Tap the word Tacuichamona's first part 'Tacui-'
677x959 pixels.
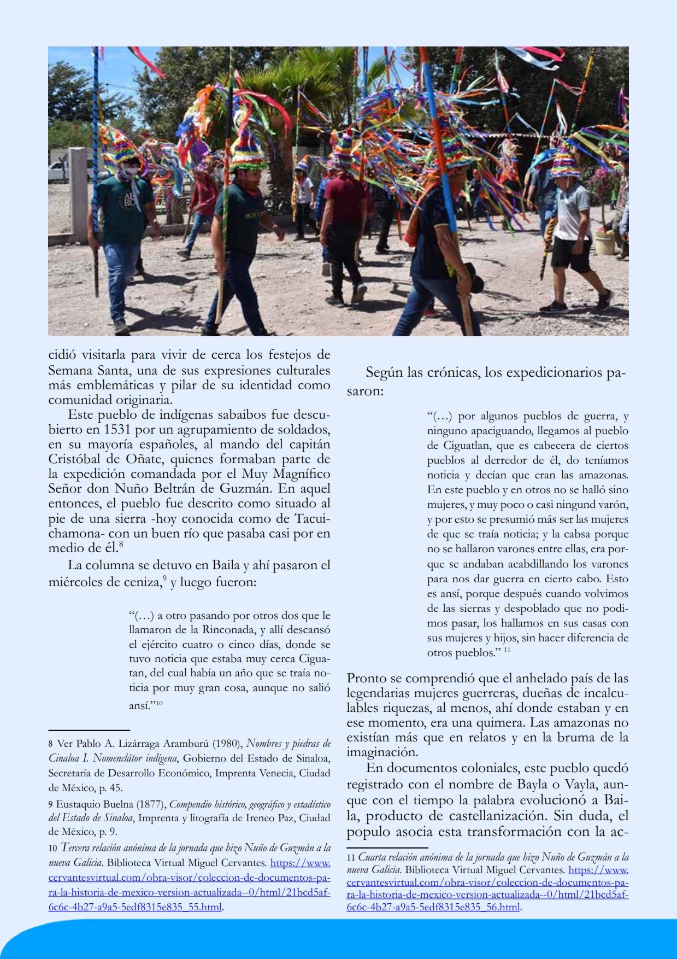312,518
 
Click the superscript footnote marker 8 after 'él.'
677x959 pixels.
121,545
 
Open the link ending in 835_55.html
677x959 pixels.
136,908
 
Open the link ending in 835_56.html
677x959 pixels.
434,908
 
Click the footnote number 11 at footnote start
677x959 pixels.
351,858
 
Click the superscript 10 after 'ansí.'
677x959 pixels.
160,703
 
